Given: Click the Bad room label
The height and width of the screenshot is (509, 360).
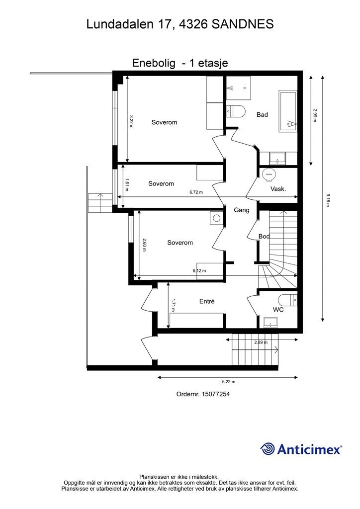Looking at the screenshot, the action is click(262, 115).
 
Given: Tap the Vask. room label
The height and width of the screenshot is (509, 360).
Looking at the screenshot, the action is click(278, 189).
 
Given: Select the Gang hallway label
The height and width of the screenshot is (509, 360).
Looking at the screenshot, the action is click(242, 210).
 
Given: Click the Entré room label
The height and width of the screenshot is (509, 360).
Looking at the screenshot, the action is click(207, 301).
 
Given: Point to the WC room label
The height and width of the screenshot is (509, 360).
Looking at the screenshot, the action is click(278, 310).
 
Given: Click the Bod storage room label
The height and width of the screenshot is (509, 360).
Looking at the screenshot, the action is click(264, 236).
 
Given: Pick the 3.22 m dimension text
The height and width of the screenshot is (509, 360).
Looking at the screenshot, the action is click(131, 122).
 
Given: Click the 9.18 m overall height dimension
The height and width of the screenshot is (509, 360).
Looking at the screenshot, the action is click(328, 200).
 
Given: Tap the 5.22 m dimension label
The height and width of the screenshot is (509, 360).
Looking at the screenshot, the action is click(229, 382).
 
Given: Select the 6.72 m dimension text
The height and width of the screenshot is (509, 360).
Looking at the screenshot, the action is click(196, 192).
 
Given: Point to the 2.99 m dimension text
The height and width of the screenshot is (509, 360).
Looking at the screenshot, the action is click(315, 115).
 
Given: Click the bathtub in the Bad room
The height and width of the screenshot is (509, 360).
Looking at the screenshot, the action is click(288, 111).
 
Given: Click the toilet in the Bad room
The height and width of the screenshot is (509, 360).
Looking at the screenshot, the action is click(236, 111).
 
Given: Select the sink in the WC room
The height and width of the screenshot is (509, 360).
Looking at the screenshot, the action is click(270, 322).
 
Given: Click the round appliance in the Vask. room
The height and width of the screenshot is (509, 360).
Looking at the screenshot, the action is click(269, 174).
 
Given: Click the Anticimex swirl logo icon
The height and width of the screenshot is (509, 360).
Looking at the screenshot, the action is click(268, 449).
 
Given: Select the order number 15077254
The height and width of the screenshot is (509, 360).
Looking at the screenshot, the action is click(216, 394).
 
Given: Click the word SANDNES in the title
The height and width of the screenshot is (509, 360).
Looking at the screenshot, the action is click(243, 24).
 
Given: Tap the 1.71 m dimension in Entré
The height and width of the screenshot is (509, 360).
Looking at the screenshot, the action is click(173, 305).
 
